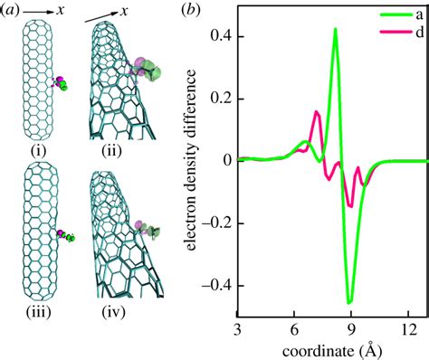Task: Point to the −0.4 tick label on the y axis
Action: (215, 283)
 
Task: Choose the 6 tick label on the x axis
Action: (294, 330)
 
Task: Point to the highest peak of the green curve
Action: (336, 29)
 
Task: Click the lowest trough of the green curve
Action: (349, 301)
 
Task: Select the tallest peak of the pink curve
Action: (317, 112)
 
